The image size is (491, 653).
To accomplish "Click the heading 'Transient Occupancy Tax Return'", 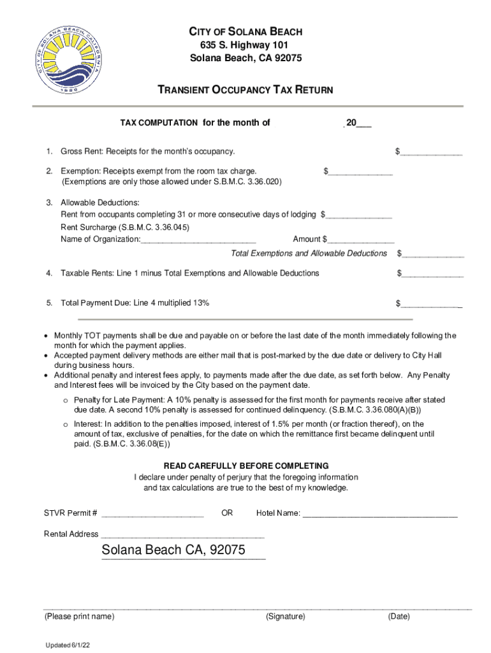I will pos(246,90).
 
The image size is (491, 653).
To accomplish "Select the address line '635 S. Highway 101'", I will pos(246,45).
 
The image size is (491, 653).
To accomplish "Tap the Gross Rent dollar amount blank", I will pos(431,152).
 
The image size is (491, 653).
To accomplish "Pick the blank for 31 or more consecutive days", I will pos(359,216).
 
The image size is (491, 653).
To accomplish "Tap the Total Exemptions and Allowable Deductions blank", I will pos(432,254).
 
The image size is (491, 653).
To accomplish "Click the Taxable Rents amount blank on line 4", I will pos(432,274).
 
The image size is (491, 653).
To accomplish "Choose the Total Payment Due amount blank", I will pos(431,304).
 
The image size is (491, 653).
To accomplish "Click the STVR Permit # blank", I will pos(152,514).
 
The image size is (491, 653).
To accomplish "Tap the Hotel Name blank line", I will pos(379,514).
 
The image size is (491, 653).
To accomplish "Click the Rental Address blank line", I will pos(182,535).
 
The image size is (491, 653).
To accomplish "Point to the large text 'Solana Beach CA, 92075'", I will pos(173,550).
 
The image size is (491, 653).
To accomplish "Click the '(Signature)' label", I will pos(286,617).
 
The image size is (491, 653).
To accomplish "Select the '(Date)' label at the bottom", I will pos(399,617).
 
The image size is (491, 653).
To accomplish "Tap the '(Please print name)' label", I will pos(79,617).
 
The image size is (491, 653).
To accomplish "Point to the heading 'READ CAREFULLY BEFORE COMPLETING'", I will pos(246,466).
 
